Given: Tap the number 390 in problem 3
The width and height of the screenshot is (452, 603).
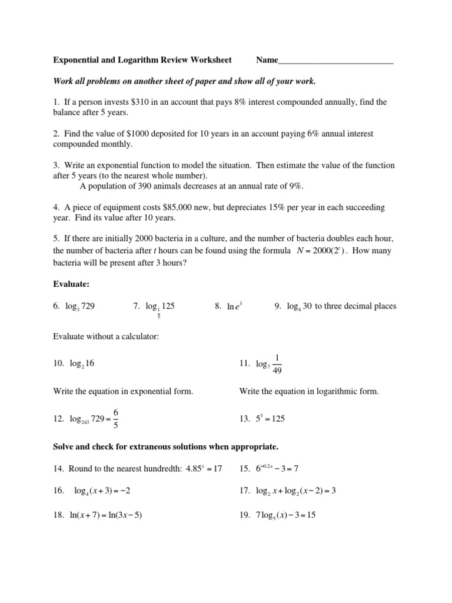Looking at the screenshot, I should tap(147, 186).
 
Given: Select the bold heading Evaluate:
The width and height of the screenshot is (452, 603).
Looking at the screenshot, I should tap(71, 284).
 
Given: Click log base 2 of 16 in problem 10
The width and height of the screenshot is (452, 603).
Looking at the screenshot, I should tap(82, 364).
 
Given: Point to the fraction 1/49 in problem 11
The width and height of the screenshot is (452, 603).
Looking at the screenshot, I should tap(280, 364).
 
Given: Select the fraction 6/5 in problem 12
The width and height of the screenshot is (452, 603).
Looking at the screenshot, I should tap(117, 419).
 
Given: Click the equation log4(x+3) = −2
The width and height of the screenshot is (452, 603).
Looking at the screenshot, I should tap(107, 491).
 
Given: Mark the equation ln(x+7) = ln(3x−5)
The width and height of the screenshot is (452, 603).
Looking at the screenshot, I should tap(105, 515).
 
